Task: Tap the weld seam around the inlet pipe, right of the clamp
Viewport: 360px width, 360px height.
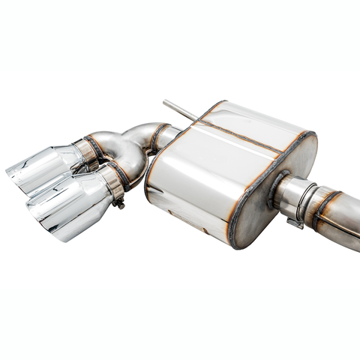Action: [x=322, y=206]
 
